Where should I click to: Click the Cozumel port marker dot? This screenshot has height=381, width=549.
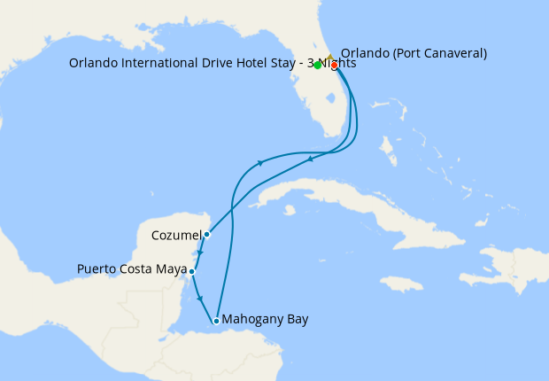pyautogui.click(x=206, y=235)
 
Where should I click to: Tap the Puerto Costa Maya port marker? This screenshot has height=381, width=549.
pyautogui.click(x=191, y=271)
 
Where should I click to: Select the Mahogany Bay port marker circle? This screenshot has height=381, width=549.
pyautogui.click(x=216, y=321)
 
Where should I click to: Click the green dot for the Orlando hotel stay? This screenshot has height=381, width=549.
pyautogui.click(x=317, y=65)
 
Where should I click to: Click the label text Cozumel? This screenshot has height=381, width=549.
pyautogui.click(x=176, y=235)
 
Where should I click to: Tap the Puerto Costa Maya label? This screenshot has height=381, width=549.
pyautogui.click(x=132, y=269)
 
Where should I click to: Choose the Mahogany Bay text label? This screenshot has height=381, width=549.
pyautogui.click(x=266, y=319)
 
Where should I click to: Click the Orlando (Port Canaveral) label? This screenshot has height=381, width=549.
pyautogui.click(x=414, y=53)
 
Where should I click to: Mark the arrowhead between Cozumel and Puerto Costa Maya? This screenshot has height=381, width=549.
pyautogui.click(x=200, y=253)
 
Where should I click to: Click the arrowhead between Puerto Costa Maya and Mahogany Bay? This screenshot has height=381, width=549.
pyautogui.click(x=202, y=298)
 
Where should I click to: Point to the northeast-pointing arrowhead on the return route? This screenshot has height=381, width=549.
pyautogui.click(x=260, y=162)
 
